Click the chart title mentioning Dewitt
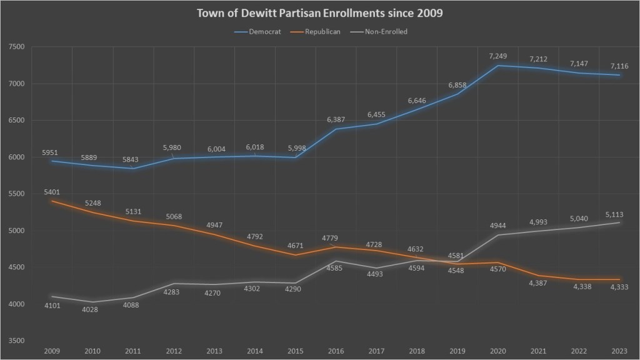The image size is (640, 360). (x=320, y=13)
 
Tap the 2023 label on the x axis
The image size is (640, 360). (x=619, y=351)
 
